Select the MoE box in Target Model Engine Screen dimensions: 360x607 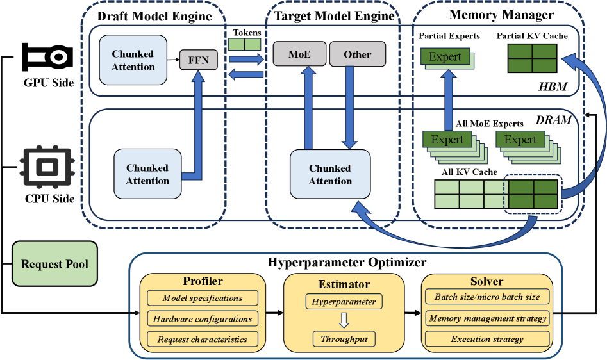pos(299,54)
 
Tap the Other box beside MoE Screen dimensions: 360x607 pos(358,54)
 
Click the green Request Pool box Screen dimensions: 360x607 pos(54,264)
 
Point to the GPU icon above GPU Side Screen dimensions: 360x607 pos(44,58)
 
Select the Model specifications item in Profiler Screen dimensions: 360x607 pos(203,298)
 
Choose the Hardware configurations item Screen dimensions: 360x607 pos(203,318)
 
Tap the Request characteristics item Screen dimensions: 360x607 pos(203,339)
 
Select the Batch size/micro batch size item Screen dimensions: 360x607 pos(487,297)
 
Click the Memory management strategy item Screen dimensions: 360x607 pos(487,318)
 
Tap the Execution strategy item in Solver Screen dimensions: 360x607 pos(487,339)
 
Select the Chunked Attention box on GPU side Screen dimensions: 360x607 pos(133,61)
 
